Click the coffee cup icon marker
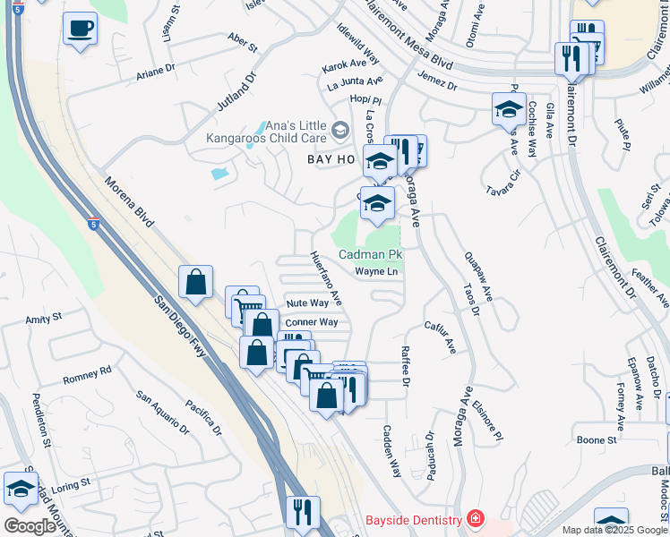(x=80, y=28)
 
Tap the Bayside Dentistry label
(x=411, y=520)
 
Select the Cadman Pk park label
(x=370, y=255)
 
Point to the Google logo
(x=29, y=526)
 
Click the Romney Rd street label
(x=87, y=375)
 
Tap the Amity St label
(x=43, y=318)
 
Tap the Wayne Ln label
(x=376, y=271)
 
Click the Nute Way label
(x=307, y=303)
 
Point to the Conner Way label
(x=311, y=322)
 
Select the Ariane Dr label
(x=156, y=71)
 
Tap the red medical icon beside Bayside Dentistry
(x=475, y=520)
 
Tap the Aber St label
(x=242, y=41)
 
